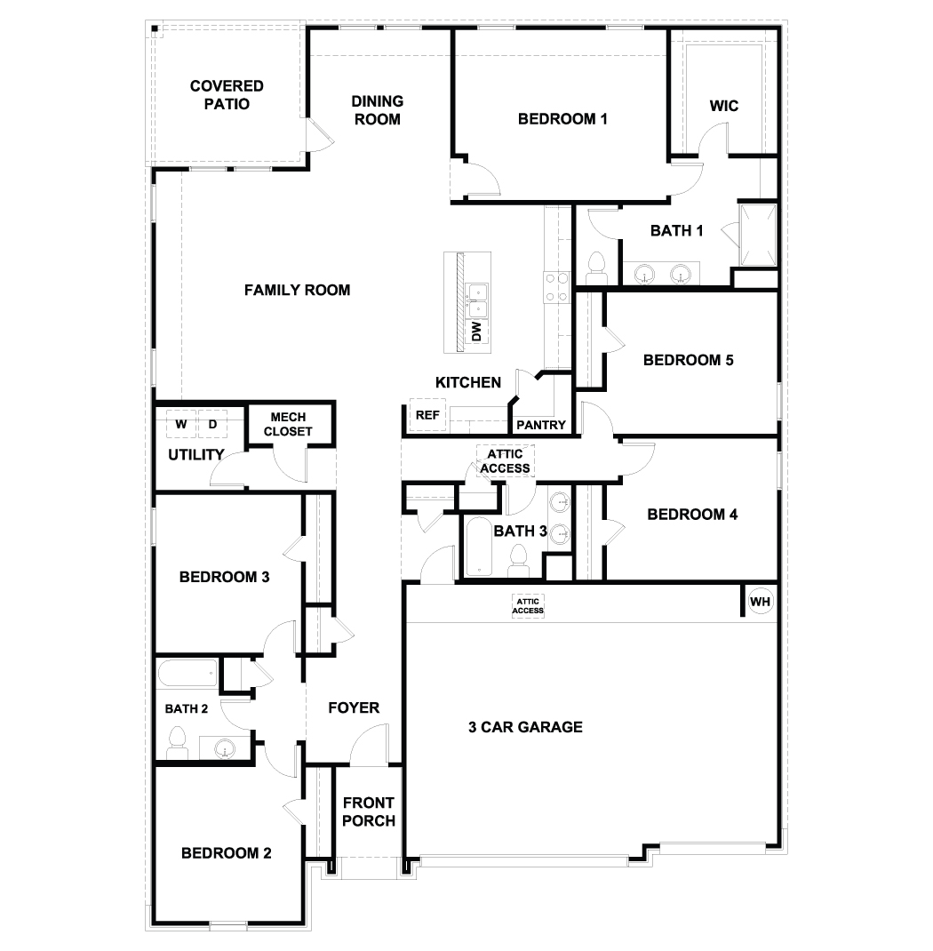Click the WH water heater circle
point(760,601)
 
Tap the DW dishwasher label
point(476,332)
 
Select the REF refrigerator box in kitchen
point(427,415)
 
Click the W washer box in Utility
point(181,424)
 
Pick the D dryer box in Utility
point(212,424)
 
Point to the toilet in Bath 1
point(597,268)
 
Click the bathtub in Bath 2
point(188,673)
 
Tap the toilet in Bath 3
point(518,561)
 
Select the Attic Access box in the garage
point(528,606)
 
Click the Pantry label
point(541,425)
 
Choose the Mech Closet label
point(288,424)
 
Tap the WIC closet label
point(724,106)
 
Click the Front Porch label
point(369,811)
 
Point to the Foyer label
point(354,707)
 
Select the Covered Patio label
point(227,95)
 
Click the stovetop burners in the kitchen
point(556,288)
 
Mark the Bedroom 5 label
point(688,360)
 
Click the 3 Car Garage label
point(526,727)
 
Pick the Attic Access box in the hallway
point(505,461)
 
